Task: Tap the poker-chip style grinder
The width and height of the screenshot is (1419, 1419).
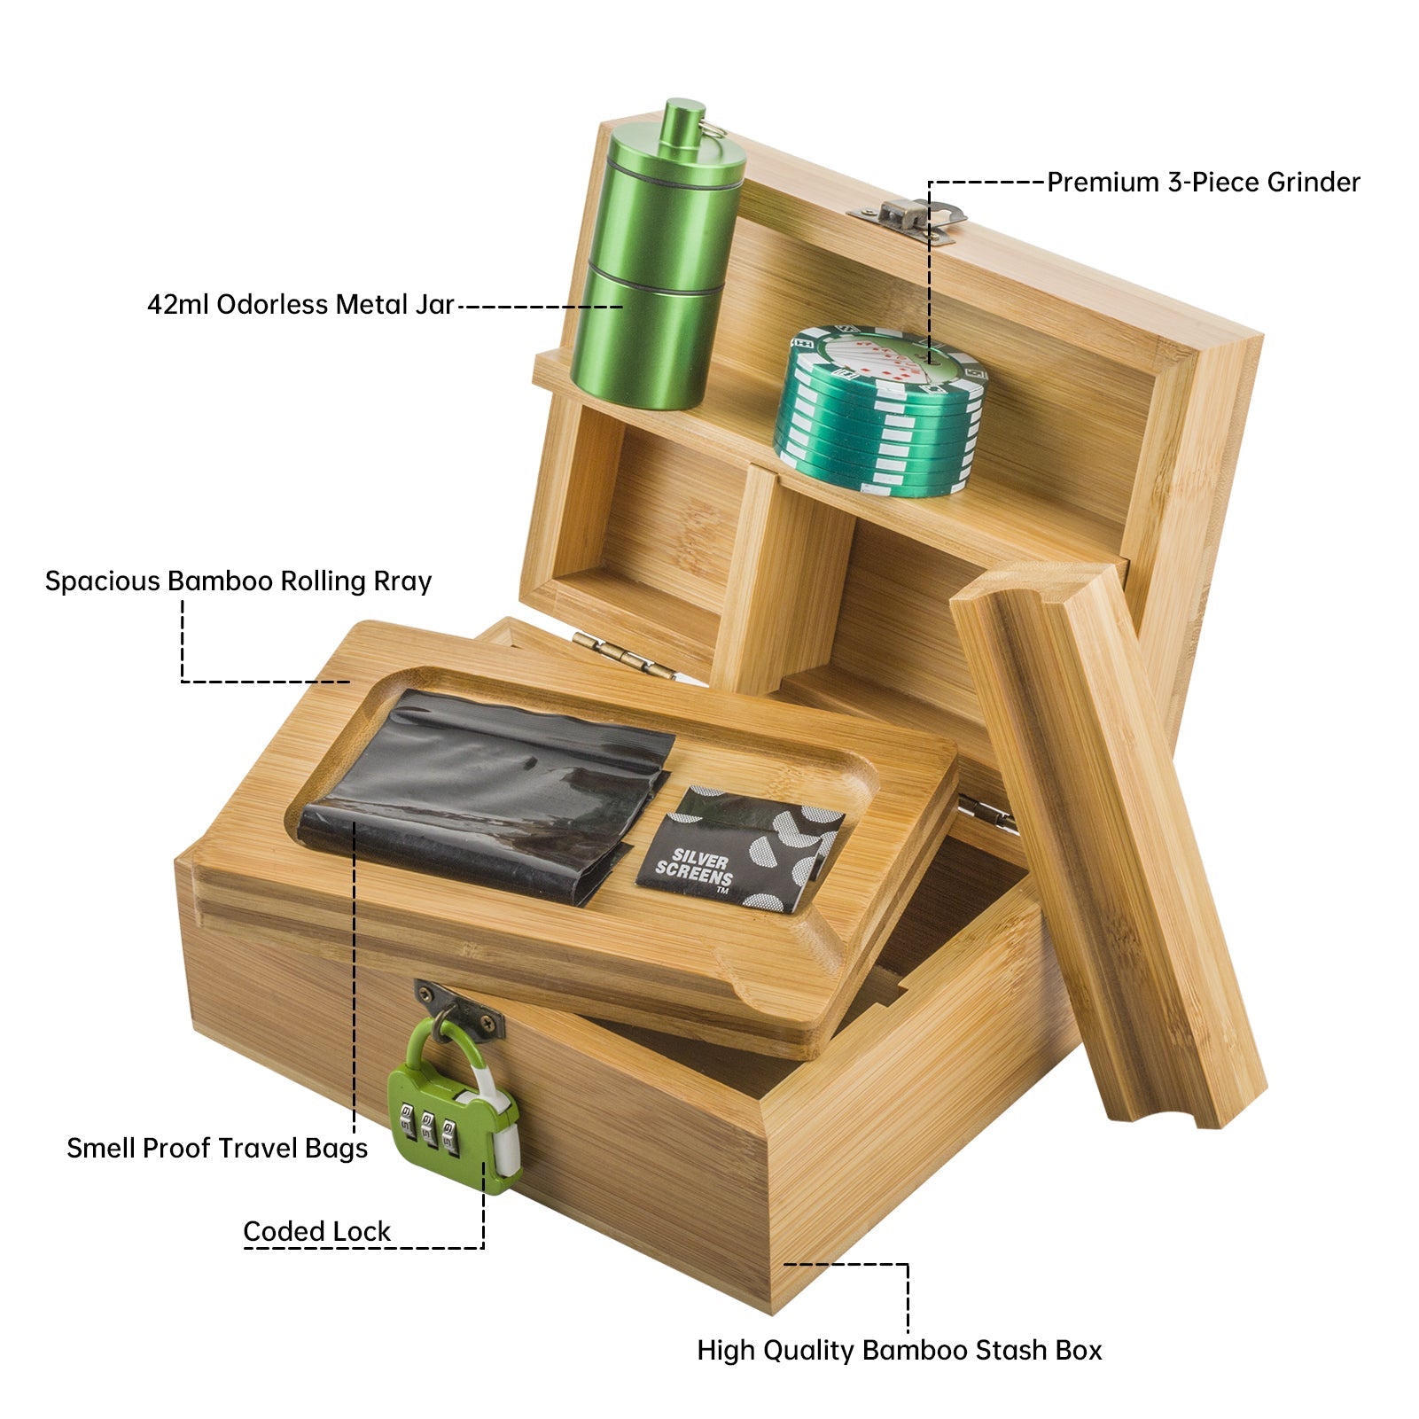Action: (880, 409)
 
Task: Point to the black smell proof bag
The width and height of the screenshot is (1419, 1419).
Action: (483, 793)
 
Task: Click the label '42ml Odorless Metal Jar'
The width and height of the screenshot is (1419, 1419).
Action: (300, 305)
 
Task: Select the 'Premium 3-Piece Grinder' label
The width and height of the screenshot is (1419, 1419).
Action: (1204, 183)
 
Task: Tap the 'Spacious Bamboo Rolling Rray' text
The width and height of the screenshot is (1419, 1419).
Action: (238, 581)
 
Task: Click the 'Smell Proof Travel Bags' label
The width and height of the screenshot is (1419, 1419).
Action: (217, 1149)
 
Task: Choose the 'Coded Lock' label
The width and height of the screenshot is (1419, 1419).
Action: (316, 1231)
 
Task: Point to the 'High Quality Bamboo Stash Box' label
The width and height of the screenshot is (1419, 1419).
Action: (900, 1350)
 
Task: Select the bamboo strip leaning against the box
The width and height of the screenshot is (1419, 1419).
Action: (1108, 842)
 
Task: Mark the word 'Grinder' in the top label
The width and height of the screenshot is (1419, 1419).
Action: (1314, 183)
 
